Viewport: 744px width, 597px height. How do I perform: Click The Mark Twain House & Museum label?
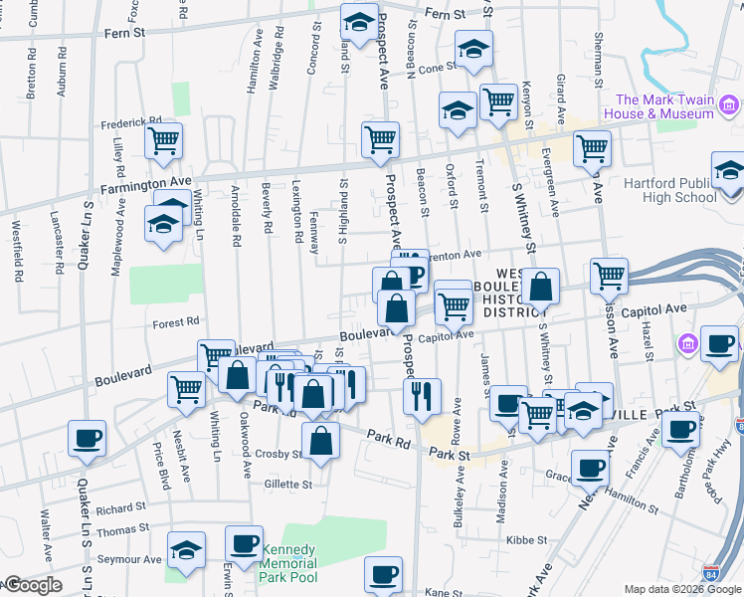click(x=664, y=106)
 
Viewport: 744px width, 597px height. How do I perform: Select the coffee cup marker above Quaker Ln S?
click(x=87, y=437)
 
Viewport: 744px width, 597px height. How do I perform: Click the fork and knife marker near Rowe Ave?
click(x=422, y=396)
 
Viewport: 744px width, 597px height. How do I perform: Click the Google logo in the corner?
click(x=32, y=585)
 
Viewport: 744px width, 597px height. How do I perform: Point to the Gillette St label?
click(x=288, y=485)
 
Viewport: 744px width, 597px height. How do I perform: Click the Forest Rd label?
click(x=177, y=322)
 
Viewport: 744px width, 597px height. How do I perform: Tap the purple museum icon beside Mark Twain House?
click(x=729, y=105)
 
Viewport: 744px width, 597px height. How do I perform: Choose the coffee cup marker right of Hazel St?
click(x=719, y=343)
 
